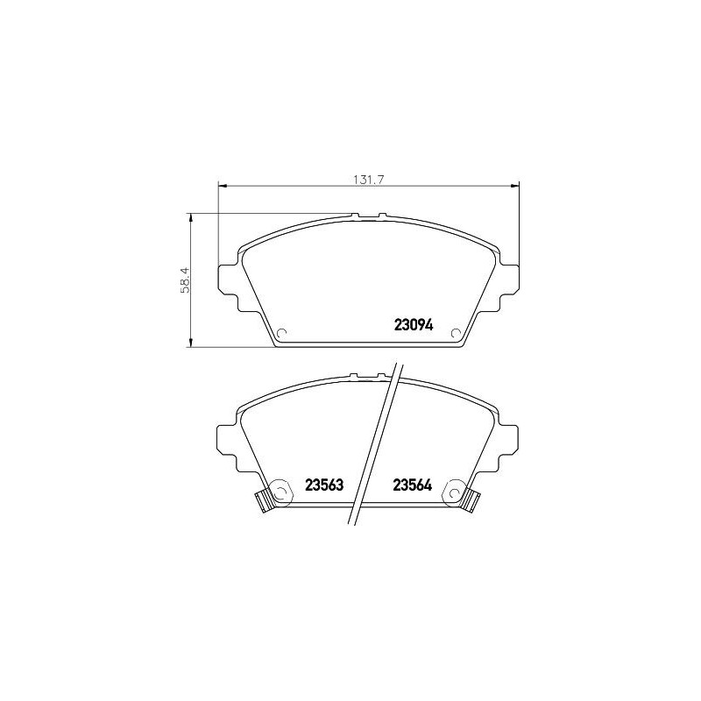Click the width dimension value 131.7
pyautogui.click(x=369, y=179)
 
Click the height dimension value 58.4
pyautogui.click(x=185, y=280)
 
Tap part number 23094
pyautogui.click(x=414, y=324)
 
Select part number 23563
pyautogui.click(x=322, y=485)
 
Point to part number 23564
pyautogui.click(x=414, y=485)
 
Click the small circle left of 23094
pyautogui.click(x=282, y=333)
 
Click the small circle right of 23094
pyautogui.click(x=455, y=333)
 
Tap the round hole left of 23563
pyautogui.click(x=281, y=491)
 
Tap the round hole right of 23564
pyautogui.click(x=456, y=491)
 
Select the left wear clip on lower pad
pyautogui.click(x=261, y=501)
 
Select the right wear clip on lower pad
pyautogui.click(x=474, y=501)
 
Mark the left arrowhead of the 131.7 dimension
pyautogui.click(x=222, y=186)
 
